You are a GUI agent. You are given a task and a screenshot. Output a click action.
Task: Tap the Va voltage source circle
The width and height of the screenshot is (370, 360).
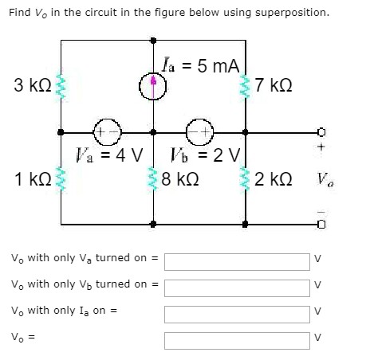pyautogui.click(x=105, y=131)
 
